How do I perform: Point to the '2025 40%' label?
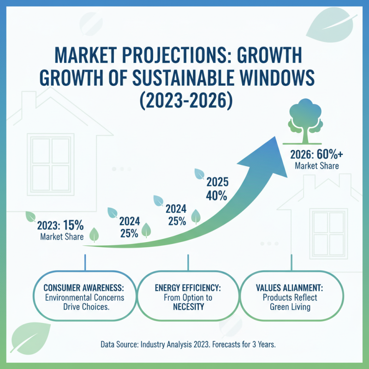(x=216, y=188)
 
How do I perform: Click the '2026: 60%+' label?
(x=313, y=155)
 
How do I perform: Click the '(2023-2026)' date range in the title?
(x=184, y=100)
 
